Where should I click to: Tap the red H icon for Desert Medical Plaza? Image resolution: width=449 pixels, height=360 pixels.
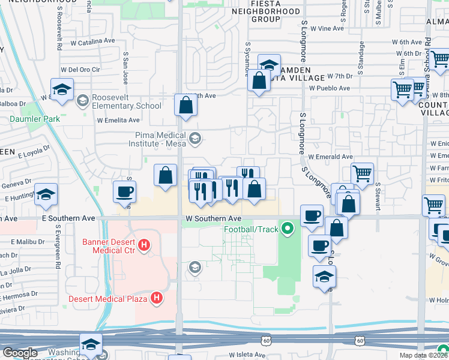click(157, 298)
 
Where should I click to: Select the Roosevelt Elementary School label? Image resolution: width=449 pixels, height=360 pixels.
click(127, 101)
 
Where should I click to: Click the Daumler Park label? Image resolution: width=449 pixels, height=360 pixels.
click(35, 119)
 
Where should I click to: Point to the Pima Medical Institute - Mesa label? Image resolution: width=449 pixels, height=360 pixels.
click(159, 140)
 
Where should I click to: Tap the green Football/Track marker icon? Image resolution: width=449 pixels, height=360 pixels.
click(288, 229)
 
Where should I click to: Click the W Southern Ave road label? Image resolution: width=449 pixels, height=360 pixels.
click(213, 218)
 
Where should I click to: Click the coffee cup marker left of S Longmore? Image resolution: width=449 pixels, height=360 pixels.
click(312, 215)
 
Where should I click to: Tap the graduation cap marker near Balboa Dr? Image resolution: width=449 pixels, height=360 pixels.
click(62, 90)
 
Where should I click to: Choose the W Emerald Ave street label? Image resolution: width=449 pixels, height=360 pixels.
click(330, 157)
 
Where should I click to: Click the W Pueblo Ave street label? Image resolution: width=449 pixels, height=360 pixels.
click(330, 88)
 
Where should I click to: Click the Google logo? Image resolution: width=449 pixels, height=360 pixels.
click(20, 353)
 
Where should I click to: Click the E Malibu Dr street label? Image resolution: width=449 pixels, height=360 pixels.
click(28, 242)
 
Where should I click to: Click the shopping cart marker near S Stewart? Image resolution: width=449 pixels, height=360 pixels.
click(362, 174)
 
